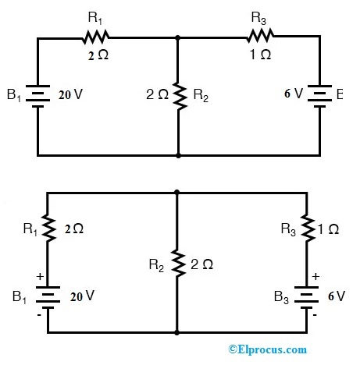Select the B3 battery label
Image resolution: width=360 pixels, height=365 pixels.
click(x=283, y=296)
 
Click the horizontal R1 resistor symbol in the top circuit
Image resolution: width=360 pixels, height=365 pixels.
click(x=97, y=35)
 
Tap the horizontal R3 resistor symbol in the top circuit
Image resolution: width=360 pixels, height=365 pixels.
click(x=260, y=35)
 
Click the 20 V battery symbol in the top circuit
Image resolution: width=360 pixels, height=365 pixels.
click(x=37, y=95)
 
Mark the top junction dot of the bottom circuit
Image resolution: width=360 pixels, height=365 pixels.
click(x=178, y=192)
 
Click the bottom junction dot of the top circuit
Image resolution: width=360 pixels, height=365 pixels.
click(x=179, y=155)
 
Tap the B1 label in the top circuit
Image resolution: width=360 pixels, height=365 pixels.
click(x=14, y=96)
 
